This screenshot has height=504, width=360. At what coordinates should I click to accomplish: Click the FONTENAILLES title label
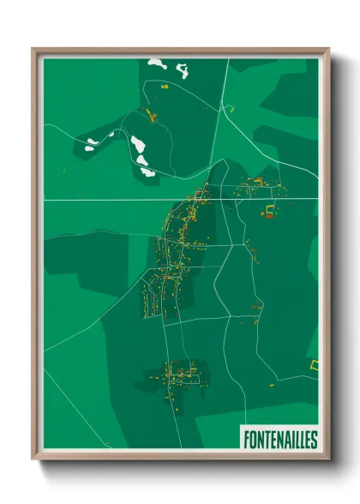(x=280, y=439)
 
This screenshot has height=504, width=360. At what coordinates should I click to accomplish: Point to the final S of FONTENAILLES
(x=314, y=439)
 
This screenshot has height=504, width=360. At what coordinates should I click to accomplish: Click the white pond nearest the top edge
(x=157, y=63)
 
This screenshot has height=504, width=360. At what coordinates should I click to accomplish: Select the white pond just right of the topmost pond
(x=182, y=67)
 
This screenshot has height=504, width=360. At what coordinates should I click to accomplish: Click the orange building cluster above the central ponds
(x=151, y=117)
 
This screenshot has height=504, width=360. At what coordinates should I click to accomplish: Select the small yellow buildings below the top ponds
(x=166, y=86)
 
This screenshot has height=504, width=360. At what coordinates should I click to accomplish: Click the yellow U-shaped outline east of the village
(x=272, y=208)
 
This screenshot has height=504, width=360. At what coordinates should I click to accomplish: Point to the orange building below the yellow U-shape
(x=267, y=219)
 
